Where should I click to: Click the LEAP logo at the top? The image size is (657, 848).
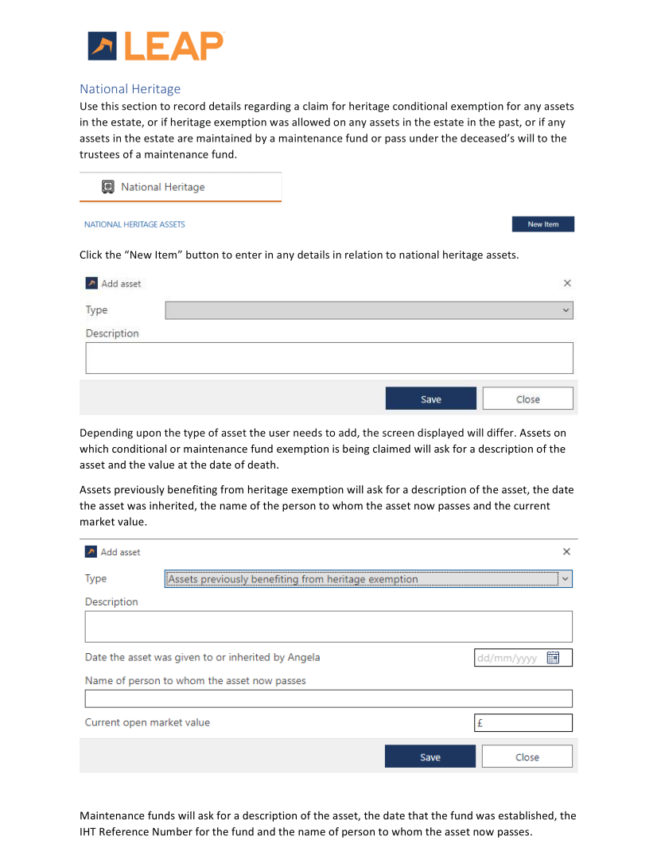tap(156, 46)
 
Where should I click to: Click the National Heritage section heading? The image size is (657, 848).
tap(130, 89)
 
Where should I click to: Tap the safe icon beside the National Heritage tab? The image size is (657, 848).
tap(108, 187)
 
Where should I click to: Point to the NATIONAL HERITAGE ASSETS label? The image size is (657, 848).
tap(134, 224)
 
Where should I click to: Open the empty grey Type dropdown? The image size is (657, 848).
tap(368, 310)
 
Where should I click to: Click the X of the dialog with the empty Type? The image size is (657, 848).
tap(567, 283)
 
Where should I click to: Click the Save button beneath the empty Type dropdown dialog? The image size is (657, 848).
tap(430, 399)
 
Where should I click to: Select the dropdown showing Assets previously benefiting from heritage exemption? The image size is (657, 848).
tap(368, 579)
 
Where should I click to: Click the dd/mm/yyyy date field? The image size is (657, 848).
tap(509, 658)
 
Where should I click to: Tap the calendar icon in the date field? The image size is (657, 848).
tap(554, 658)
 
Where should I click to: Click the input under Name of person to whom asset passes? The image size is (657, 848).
tap(328, 698)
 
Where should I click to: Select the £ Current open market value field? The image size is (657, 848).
tap(523, 723)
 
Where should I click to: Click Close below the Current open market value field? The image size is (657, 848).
tap(527, 757)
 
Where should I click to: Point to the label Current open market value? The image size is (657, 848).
tap(147, 722)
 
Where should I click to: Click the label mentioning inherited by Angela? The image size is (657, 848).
tap(202, 657)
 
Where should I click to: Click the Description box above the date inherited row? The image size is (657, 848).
tap(328, 626)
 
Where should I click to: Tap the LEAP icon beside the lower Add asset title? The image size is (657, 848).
tap(91, 552)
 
